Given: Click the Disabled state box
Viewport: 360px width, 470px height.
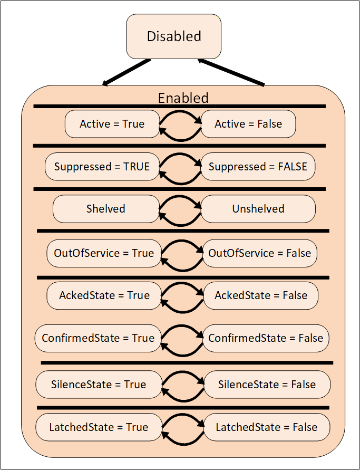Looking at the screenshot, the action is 174,36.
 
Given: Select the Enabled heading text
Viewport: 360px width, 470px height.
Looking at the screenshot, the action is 183,98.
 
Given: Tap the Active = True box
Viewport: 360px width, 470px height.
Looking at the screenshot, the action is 112,124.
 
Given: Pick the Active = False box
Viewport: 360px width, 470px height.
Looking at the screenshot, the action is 248,124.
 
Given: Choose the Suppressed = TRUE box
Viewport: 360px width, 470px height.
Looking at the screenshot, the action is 102,166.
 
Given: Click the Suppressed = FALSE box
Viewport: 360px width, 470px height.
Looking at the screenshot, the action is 258,166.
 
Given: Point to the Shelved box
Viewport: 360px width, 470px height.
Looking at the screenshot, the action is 106,208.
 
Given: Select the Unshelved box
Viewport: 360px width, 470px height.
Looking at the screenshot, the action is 258,208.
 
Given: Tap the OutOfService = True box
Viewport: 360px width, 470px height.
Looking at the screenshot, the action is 104,253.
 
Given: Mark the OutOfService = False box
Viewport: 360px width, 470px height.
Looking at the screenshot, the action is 260,253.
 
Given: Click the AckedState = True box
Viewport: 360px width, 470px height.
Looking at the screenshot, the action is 104,295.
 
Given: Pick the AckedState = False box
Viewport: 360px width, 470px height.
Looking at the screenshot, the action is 260,295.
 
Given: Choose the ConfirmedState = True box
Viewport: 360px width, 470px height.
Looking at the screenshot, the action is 98,338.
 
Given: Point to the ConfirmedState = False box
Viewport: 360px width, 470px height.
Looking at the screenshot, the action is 266,338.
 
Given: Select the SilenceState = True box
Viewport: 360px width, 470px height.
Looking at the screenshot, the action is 99,384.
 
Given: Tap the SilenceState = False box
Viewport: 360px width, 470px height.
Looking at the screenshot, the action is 267,384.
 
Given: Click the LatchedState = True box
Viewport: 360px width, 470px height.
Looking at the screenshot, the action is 99,427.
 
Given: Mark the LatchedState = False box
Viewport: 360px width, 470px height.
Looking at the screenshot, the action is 267,427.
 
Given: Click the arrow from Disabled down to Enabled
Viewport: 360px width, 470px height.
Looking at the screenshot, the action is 126,72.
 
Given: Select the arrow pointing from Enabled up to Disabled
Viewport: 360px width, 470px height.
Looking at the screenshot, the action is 231,72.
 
